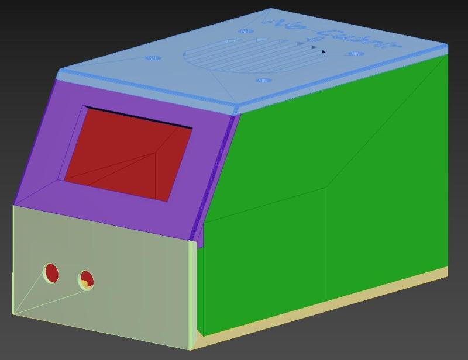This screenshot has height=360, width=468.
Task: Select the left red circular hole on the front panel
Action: click(x=51, y=272)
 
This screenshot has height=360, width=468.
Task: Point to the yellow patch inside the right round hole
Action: click(x=85, y=284)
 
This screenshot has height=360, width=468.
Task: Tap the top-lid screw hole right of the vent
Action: click(x=355, y=54)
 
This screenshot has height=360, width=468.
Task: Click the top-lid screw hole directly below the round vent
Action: click(x=263, y=80)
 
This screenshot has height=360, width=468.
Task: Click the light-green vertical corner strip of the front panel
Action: click(x=192, y=292)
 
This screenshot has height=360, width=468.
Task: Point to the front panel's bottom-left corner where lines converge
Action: click(x=15, y=313)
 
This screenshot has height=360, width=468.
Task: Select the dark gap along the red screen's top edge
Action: click(x=140, y=117)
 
